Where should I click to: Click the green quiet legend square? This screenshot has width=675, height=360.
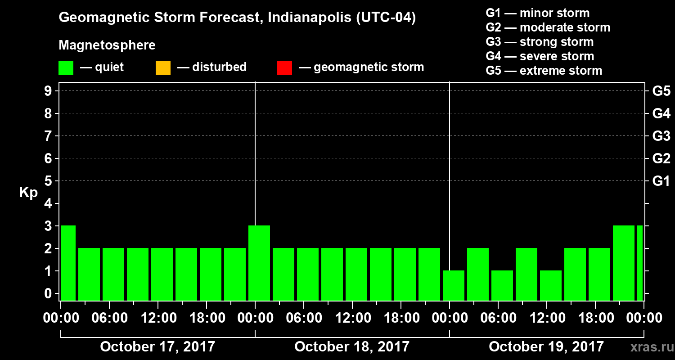coord(66,67)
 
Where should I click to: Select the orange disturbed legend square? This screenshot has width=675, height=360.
coord(163,67)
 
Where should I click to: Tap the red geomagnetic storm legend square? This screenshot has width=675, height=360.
coord(284,67)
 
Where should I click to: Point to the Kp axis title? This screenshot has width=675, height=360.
coord(28,193)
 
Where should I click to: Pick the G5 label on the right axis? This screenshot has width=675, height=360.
coord(661,91)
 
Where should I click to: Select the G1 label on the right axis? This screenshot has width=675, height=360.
coord(661,181)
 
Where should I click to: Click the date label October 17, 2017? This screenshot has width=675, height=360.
coord(157,347)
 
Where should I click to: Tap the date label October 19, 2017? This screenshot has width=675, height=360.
coord(546,347)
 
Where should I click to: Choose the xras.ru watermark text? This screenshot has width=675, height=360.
coord(648,347)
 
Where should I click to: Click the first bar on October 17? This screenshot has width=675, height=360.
coord(68,263)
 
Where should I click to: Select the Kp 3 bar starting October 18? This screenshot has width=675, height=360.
coord(259,263)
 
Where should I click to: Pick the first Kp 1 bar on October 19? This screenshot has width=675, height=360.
coord(454,285)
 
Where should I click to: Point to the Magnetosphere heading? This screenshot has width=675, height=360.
coord(107,45)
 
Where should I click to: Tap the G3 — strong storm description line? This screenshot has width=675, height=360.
coord(540,42)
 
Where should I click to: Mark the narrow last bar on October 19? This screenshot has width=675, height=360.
coord(639,263)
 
